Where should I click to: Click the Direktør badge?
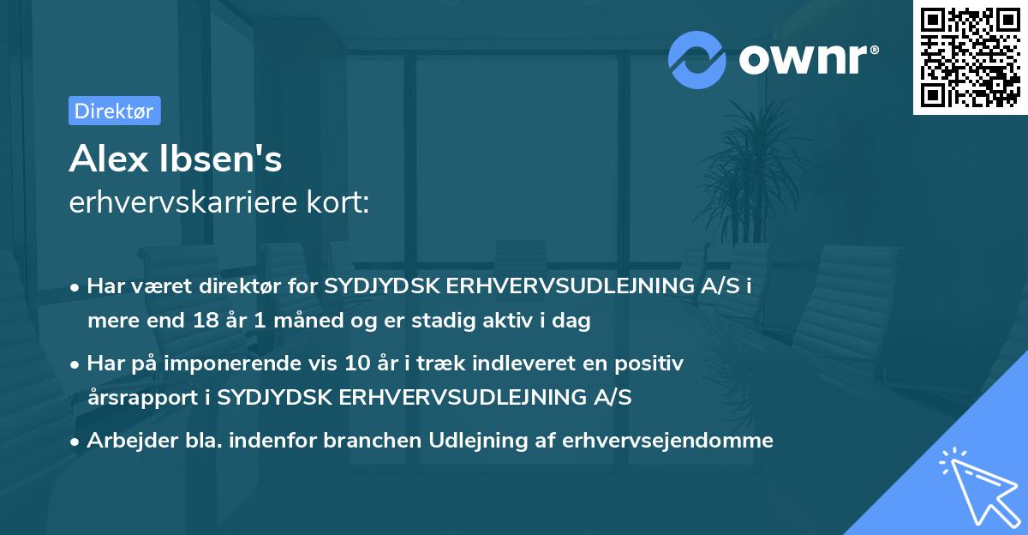[x=114, y=111]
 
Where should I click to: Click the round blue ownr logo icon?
[x=698, y=58]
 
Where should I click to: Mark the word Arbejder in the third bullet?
[x=123, y=441]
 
